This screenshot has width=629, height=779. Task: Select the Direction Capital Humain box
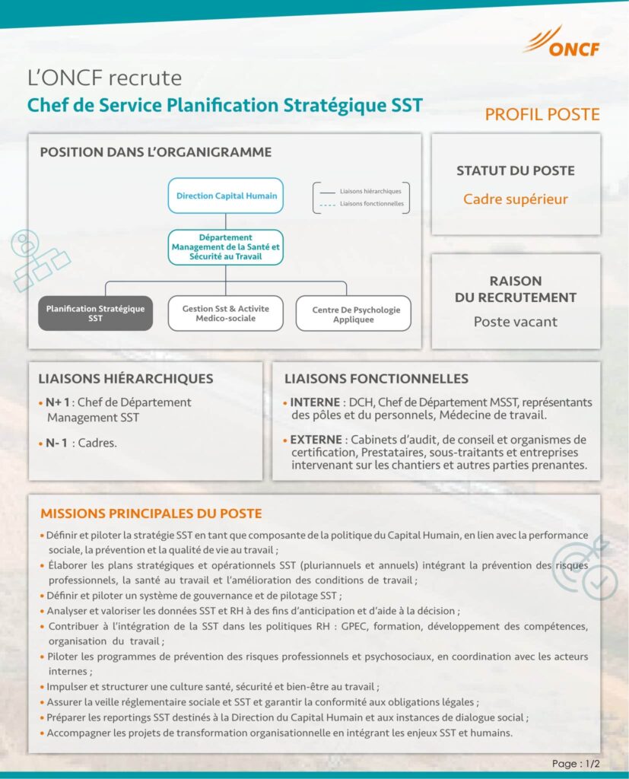pyautogui.click(x=226, y=196)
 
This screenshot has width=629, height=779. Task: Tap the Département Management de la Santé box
pyautogui.click(x=226, y=247)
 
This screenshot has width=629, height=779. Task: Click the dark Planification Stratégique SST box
pyautogui.click(x=95, y=313)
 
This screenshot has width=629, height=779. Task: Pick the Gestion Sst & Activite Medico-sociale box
pyautogui.click(x=225, y=313)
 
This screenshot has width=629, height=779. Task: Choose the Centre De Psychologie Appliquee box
pyautogui.click(x=353, y=313)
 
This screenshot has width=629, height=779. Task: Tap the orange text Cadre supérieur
pyautogui.click(x=516, y=199)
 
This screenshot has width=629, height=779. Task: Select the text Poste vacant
pyautogui.click(x=516, y=322)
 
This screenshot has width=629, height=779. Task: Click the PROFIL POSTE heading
pyautogui.click(x=542, y=115)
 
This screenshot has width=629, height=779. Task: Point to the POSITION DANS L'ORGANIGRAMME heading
pyautogui.click(x=155, y=152)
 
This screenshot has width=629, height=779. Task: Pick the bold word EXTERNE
pyautogui.click(x=316, y=440)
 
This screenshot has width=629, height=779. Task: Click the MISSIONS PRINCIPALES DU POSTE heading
pyautogui.click(x=151, y=514)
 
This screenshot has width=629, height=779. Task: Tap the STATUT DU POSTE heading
pyautogui.click(x=516, y=171)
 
